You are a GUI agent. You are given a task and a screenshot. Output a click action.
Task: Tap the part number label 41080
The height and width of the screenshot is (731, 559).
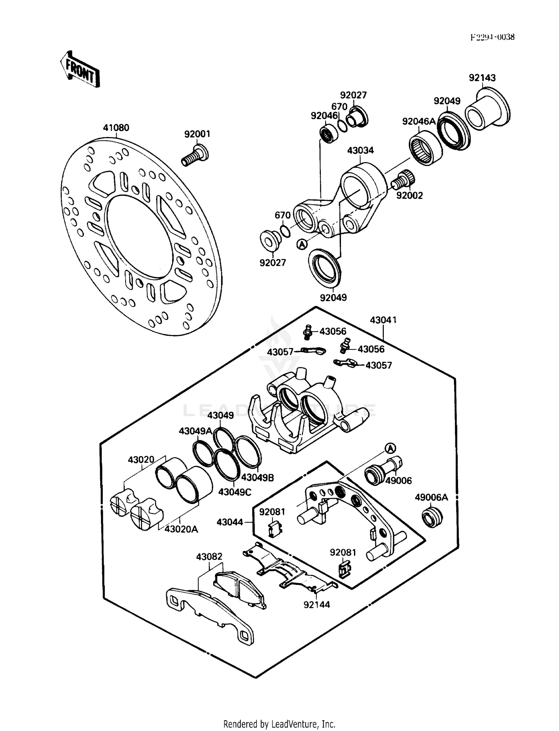pos(116,128)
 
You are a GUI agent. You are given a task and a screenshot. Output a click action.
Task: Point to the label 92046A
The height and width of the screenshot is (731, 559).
pos(419,121)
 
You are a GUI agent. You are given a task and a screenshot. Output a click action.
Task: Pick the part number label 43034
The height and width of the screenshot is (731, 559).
pos(360,151)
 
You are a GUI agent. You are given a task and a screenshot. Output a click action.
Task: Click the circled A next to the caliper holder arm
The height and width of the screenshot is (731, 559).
pos(302,244)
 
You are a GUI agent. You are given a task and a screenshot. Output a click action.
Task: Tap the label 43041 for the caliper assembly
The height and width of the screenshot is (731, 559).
pos(383,320)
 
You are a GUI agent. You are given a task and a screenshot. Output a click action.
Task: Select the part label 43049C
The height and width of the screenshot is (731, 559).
pos(235,492)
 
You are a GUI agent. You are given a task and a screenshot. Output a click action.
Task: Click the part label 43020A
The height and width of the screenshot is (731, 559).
pos(181,529)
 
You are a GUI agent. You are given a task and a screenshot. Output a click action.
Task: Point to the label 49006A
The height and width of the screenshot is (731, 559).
pos(431,497)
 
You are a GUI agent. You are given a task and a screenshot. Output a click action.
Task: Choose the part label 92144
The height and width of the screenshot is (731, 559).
pos(317,604)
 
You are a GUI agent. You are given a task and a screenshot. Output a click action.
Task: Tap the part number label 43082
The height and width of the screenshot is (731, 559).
pos(209,557)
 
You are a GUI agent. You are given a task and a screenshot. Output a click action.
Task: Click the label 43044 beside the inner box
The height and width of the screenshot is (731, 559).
pos(230,522)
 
